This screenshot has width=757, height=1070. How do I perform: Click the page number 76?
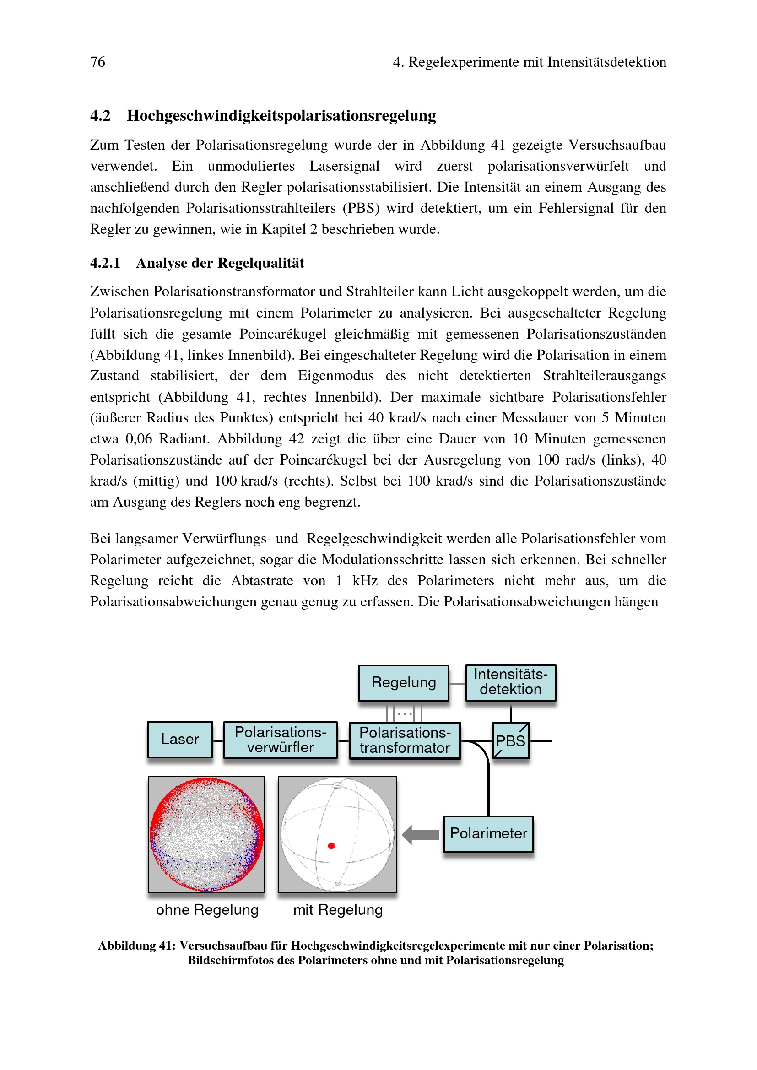click(x=97, y=61)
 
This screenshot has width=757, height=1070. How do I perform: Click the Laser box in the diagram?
click(x=180, y=739)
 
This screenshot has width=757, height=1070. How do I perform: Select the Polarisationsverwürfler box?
click(x=280, y=740)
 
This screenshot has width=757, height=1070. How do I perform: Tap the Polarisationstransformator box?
click(x=405, y=740)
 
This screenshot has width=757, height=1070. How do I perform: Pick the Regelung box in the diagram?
click(x=404, y=683)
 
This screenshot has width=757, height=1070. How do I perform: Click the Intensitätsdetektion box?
click(x=510, y=682)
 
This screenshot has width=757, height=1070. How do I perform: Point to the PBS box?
click(x=511, y=740)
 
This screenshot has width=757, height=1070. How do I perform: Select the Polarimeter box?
click(x=488, y=834)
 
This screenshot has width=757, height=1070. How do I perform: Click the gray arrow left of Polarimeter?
click(x=420, y=835)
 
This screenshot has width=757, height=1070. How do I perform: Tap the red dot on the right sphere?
click(x=331, y=845)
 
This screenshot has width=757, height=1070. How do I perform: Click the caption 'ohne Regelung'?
click(x=207, y=910)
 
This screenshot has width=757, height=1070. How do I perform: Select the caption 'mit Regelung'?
click(x=338, y=910)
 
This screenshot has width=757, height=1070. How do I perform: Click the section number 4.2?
click(x=100, y=116)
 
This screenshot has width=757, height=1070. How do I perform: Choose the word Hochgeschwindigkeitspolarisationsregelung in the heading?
click(x=281, y=116)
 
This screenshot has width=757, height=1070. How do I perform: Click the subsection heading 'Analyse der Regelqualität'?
click(x=220, y=263)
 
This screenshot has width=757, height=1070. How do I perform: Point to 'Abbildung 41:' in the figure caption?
click(x=136, y=946)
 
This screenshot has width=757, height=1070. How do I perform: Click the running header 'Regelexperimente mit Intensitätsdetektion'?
click(x=537, y=62)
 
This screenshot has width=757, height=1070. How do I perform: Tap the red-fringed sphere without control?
click(x=206, y=834)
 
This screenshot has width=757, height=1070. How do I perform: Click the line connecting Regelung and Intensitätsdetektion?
click(x=457, y=684)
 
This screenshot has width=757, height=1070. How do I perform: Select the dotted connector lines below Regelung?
click(x=404, y=713)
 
